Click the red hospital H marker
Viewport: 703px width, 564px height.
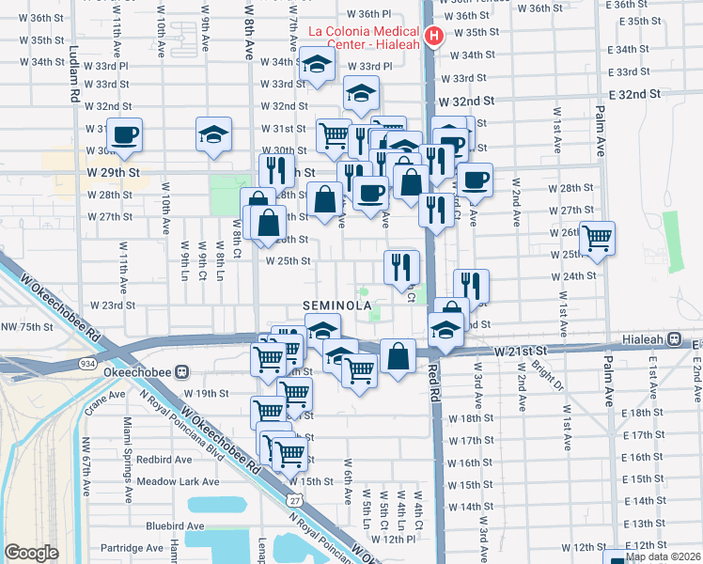coord(433,36)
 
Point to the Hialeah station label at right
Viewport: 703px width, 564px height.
coord(649,344)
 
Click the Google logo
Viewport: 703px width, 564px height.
coord(31,553)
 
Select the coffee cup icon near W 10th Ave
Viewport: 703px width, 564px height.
coord(125,135)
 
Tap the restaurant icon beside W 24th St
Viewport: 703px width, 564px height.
coord(471,285)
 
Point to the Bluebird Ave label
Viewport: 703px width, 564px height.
coord(174,526)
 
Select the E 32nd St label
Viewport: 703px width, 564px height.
coord(635,95)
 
